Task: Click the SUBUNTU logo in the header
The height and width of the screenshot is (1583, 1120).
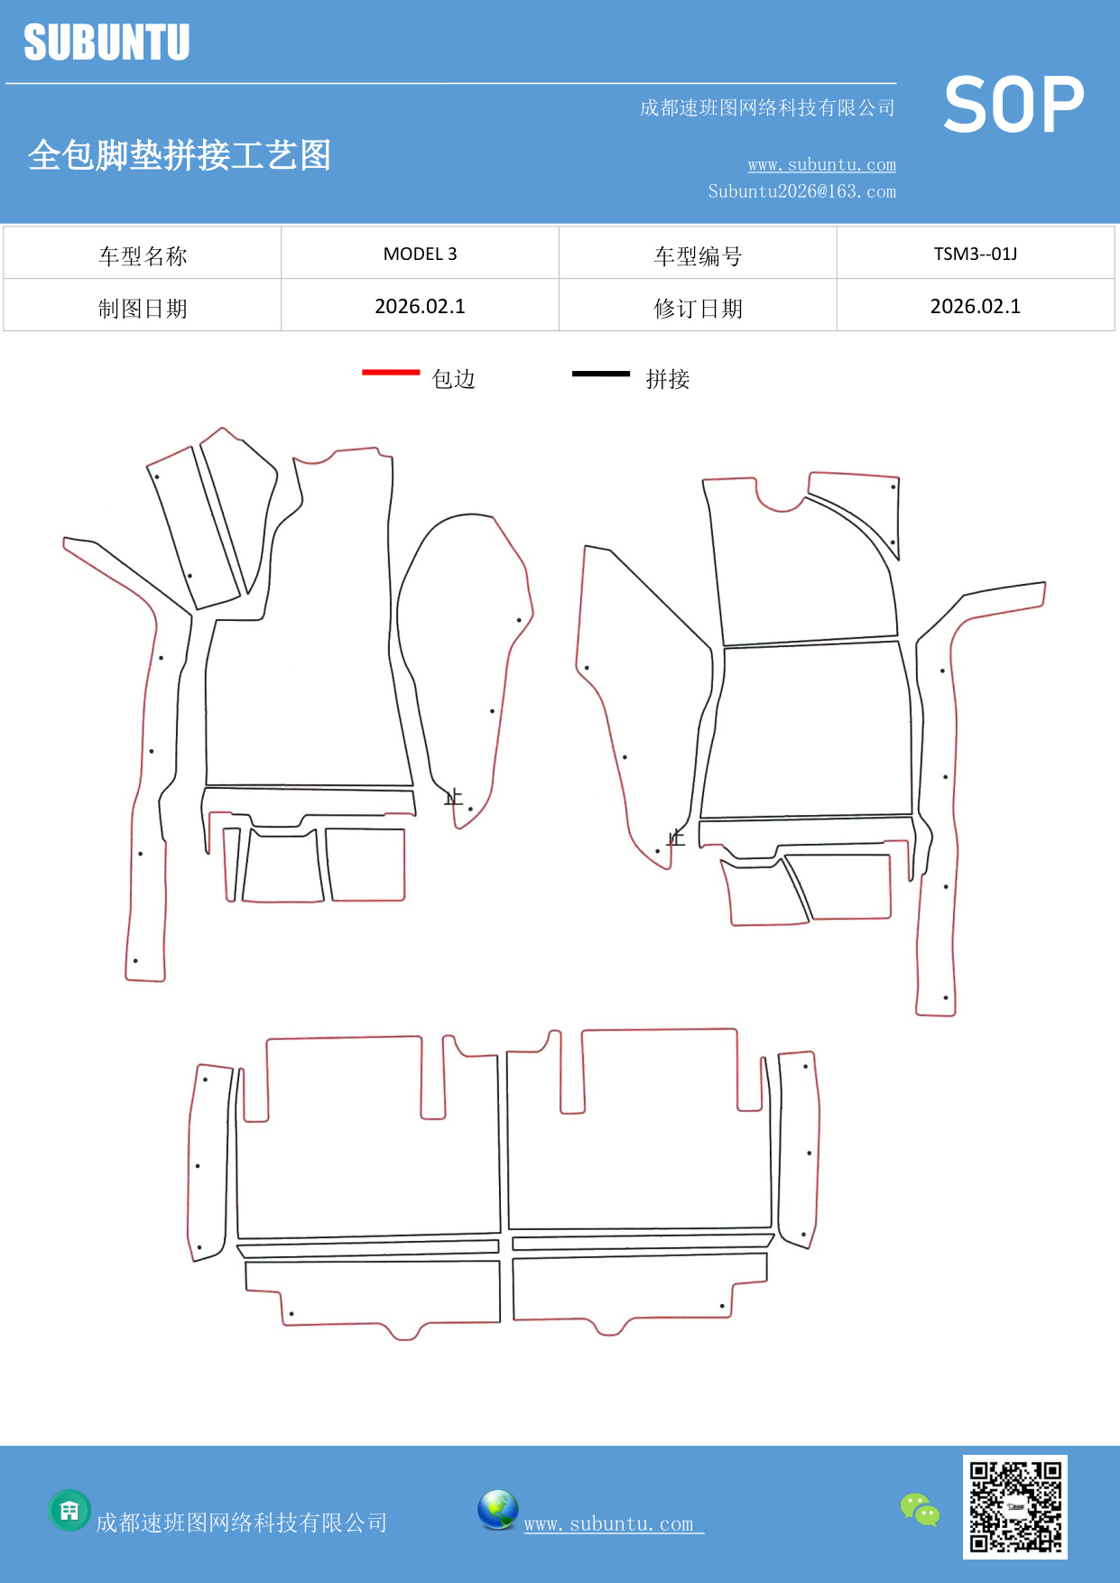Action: (x=106, y=42)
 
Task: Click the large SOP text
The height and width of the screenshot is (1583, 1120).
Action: (x=1014, y=105)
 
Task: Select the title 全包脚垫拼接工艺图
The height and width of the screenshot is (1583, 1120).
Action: (x=180, y=155)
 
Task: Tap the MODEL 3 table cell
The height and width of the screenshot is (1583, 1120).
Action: (x=420, y=254)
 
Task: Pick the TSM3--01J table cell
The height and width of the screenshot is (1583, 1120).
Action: (x=976, y=254)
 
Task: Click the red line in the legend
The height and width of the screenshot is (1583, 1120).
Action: (x=391, y=372)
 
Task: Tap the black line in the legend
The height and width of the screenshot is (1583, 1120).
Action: (x=601, y=373)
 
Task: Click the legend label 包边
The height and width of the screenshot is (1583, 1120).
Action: (x=453, y=379)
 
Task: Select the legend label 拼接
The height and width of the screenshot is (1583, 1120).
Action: (x=668, y=379)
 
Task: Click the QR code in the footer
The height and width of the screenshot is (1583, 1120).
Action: (x=1015, y=1507)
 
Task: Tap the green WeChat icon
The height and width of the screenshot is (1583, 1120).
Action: (x=920, y=1510)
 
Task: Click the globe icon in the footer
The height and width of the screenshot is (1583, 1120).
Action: (x=497, y=1510)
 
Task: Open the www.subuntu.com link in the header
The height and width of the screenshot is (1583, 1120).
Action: (x=822, y=164)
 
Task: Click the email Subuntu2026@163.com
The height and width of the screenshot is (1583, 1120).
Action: (x=802, y=191)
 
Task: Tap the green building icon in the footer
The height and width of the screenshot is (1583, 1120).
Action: (x=69, y=1510)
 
